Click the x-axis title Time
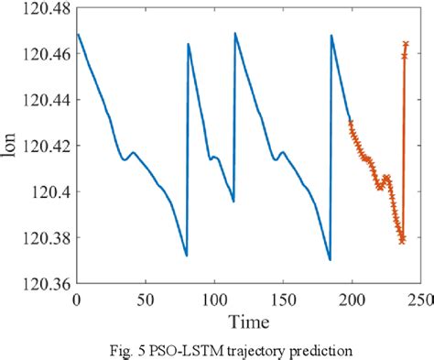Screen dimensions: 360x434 (248, 322)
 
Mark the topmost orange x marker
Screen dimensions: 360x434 (406, 44)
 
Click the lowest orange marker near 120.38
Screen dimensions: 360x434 (402, 241)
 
